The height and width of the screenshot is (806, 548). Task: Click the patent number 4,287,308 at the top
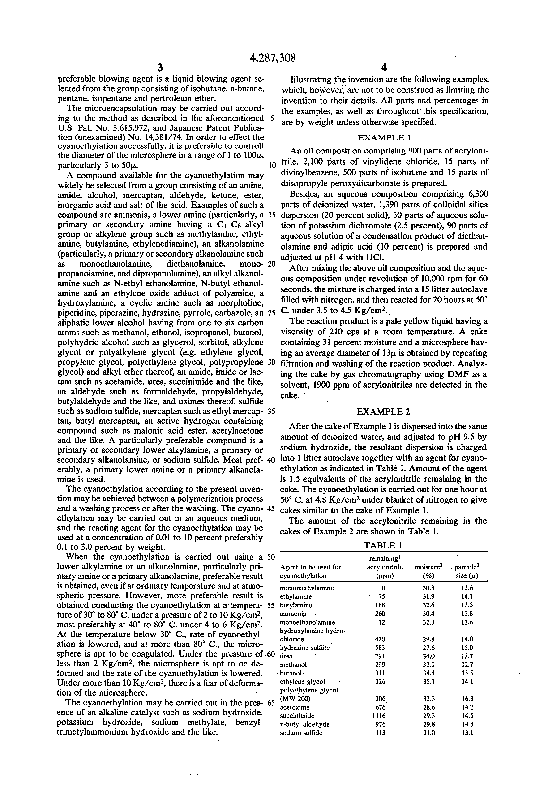(x=273, y=57)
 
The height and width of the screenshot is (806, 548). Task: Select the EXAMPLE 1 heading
(x=384, y=138)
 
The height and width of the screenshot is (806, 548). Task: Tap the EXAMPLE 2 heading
(x=383, y=412)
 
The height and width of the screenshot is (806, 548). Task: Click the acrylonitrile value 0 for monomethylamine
(x=383, y=588)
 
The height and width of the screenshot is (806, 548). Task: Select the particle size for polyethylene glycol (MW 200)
(x=467, y=699)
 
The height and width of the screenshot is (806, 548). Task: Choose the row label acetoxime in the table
(x=295, y=707)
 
